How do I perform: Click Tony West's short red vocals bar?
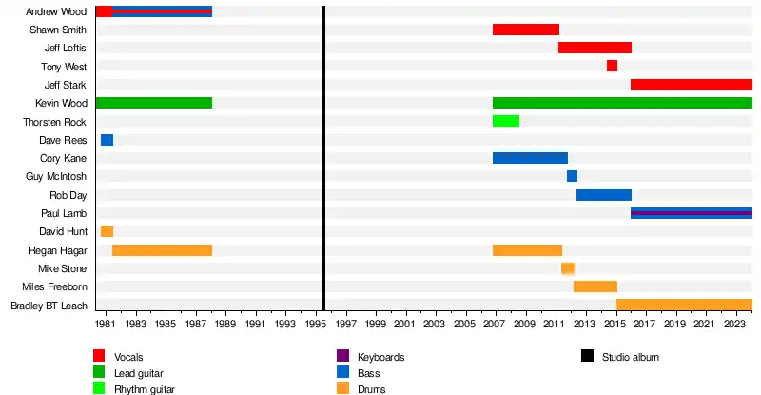click(612, 66)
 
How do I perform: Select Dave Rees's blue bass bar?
click(107, 140)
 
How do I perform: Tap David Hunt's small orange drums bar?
click(107, 231)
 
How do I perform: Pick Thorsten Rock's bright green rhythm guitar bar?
click(506, 121)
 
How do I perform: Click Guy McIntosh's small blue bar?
click(572, 176)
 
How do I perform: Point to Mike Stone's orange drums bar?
click(568, 268)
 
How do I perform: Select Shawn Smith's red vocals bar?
click(525, 30)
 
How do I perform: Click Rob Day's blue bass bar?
click(603, 195)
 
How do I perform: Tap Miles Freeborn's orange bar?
click(595, 286)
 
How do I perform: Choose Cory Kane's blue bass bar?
click(530, 158)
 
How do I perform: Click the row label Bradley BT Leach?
click(49, 306)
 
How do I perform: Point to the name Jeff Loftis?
click(66, 48)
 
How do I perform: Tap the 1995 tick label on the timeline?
click(315, 325)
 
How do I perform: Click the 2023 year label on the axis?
click(732, 325)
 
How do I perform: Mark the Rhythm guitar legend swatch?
click(99, 388)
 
